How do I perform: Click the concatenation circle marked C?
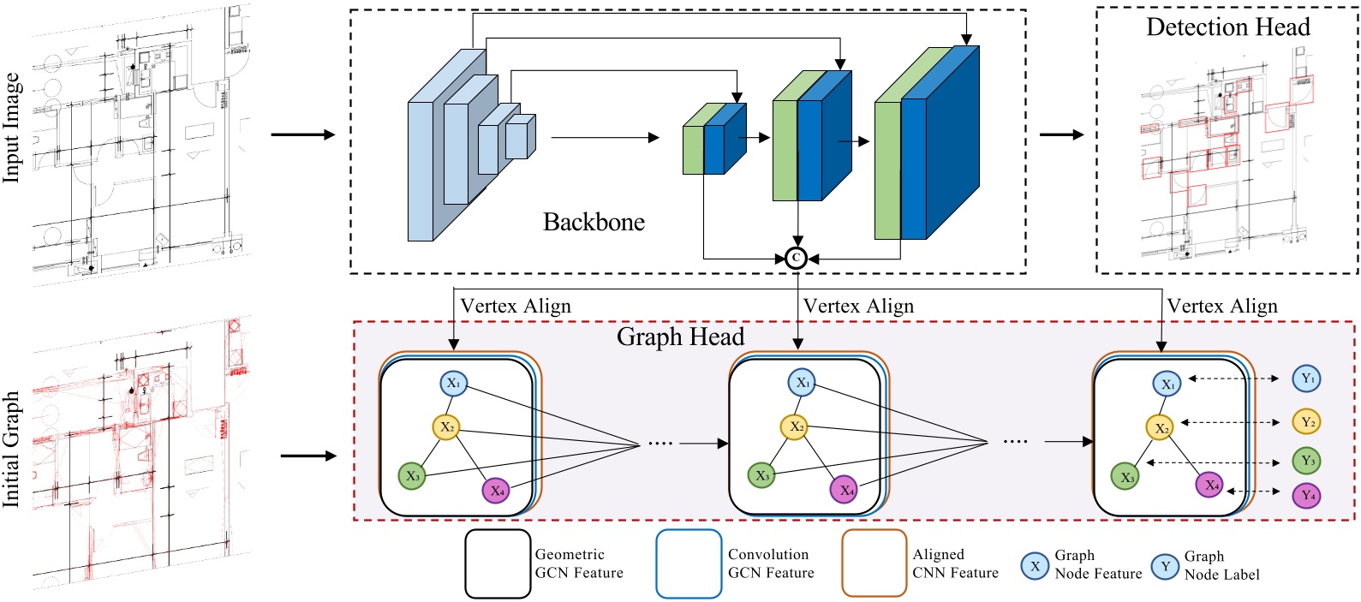point(796,258)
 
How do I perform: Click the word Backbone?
point(594,222)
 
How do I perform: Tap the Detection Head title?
point(1227,27)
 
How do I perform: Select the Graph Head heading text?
point(680,337)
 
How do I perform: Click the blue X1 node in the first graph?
point(453,383)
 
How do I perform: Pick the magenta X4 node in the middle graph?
point(845,490)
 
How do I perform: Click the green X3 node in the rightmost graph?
point(1125,477)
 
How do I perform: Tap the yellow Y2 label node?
point(1307,421)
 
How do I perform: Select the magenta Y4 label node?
point(1307,495)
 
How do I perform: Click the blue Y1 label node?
point(1307,378)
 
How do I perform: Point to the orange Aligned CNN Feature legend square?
point(874,563)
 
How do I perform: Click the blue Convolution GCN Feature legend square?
point(689,563)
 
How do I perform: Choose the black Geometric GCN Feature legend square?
point(498,563)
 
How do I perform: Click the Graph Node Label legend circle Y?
point(1165,566)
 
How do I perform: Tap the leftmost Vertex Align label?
point(515,306)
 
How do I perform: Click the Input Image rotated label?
point(11,127)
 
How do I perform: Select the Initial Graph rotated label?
point(11,449)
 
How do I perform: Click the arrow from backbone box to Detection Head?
point(1061,134)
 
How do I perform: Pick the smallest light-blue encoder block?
point(518,137)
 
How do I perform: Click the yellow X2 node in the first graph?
point(446,426)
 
